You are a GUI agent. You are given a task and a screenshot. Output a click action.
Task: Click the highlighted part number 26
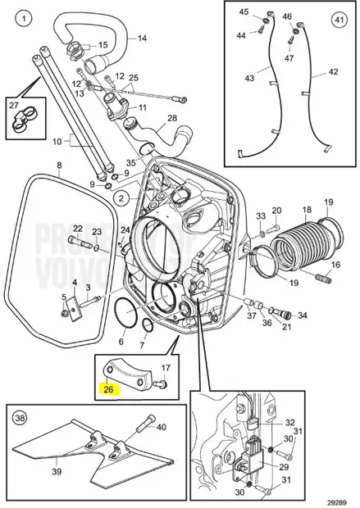tap(108, 391)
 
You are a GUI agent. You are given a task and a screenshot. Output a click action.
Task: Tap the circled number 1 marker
tap(25, 17)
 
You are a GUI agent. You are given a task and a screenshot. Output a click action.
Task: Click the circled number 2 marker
tap(121, 198)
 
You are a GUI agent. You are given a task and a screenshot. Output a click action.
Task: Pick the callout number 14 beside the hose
tap(142, 39)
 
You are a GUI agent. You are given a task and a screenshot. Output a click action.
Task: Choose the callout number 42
tap(333, 72)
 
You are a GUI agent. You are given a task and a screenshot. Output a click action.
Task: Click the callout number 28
tap(171, 118)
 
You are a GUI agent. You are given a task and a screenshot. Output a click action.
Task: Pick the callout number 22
tap(77, 229)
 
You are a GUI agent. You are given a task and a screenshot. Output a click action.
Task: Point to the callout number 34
tap(303, 315)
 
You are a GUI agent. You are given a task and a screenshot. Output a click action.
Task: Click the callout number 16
tap(335, 266)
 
